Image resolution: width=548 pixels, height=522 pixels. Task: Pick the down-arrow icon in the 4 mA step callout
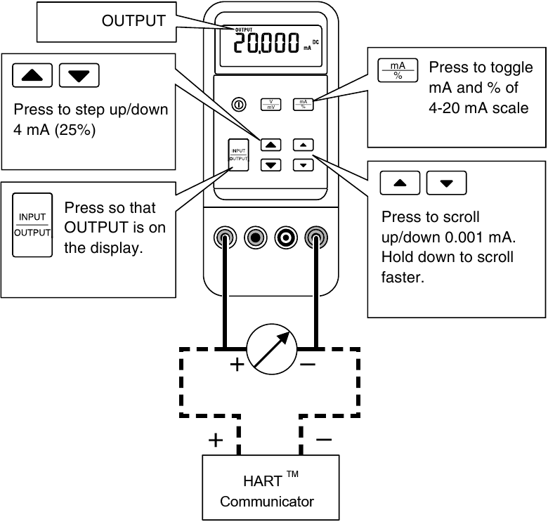pos(79,74)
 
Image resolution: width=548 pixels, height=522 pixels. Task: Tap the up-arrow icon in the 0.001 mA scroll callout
pos(400,183)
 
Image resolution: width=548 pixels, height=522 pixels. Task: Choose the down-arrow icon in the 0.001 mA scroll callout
pos(446,183)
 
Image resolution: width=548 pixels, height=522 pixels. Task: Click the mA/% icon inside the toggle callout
pos(398,70)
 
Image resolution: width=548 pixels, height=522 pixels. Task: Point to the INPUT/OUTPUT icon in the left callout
pos(32,225)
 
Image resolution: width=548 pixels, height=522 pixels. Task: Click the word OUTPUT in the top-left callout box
pos(133,21)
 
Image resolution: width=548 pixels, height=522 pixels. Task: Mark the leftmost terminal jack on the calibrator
pos(225,237)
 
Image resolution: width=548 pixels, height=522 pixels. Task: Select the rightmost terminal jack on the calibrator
pos(315,237)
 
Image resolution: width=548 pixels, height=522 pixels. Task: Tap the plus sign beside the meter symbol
pos(237,365)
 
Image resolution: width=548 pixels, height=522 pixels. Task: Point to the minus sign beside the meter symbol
pos(307,365)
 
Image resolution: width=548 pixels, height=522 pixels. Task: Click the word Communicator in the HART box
pos(266,502)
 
